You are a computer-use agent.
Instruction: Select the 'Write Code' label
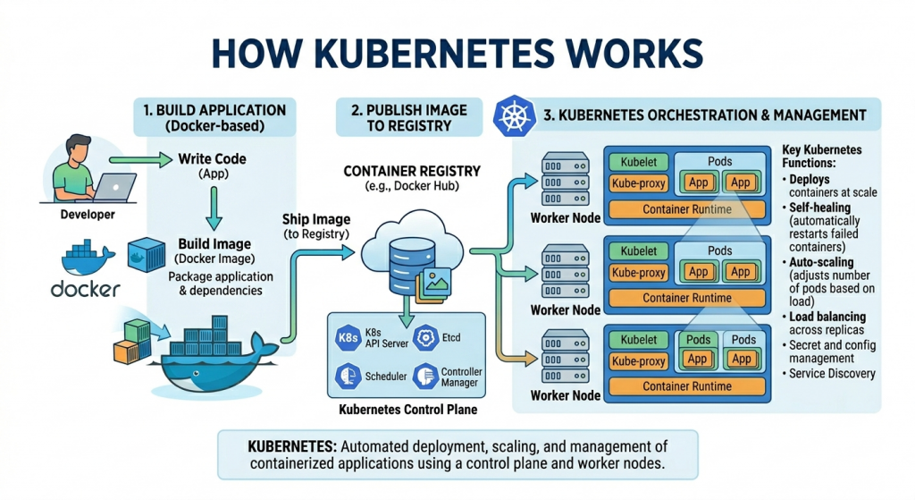point(212,159)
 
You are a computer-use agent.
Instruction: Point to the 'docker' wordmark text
point(85,289)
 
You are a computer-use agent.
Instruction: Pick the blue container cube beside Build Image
point(146,253)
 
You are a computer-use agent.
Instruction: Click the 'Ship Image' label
point(316,219)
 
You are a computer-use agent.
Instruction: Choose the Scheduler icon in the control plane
point(348,377)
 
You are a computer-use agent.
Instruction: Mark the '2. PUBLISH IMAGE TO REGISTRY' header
point(407,117)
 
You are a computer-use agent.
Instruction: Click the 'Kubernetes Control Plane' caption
point(409,410)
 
